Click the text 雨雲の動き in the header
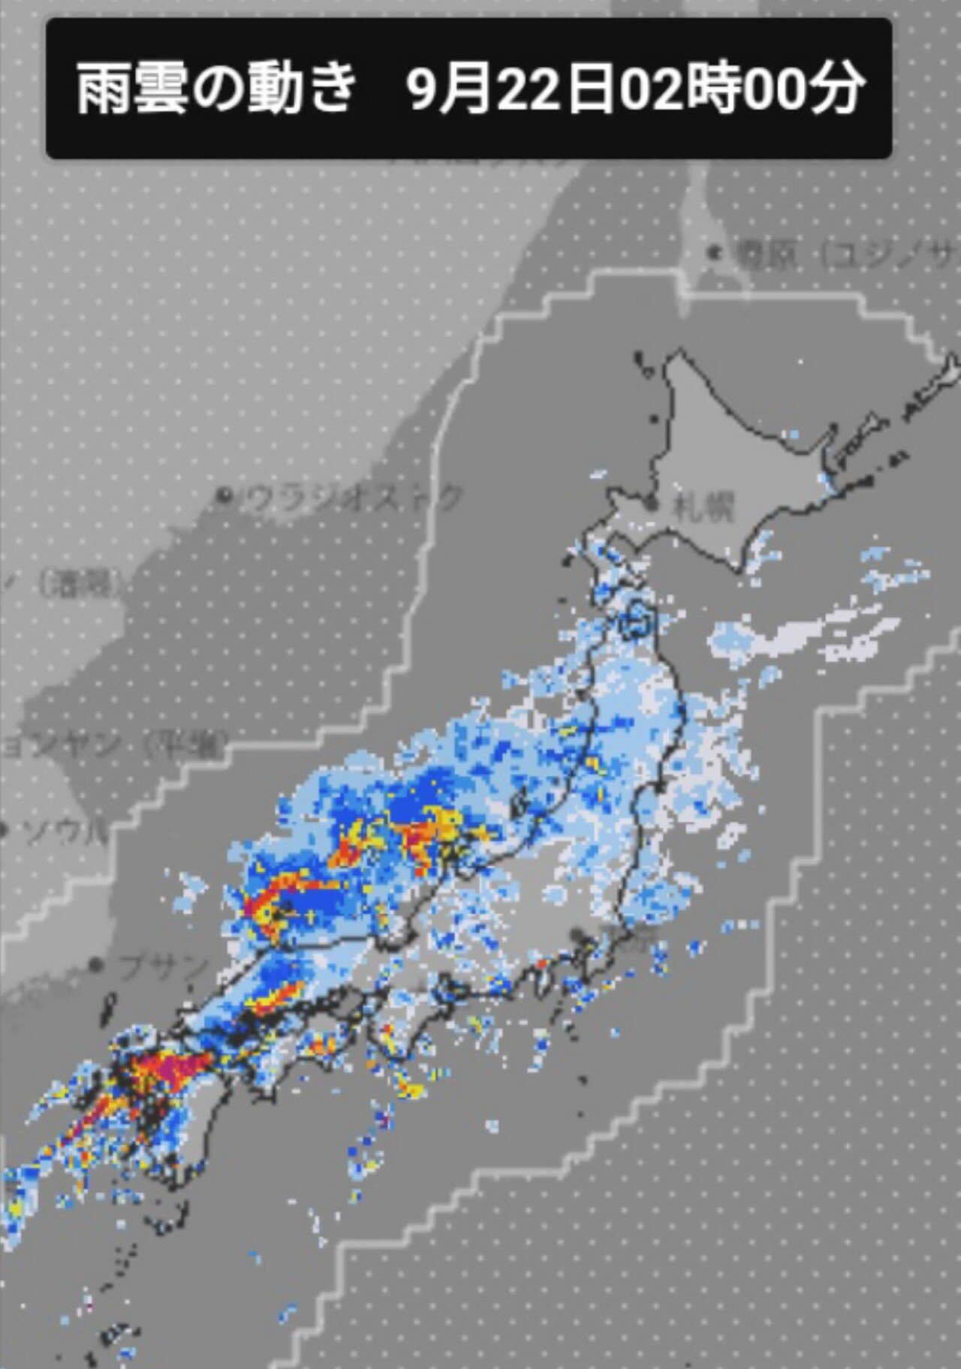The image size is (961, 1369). click(x=215, y=89)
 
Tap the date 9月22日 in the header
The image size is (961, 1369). click(x=511, y=89)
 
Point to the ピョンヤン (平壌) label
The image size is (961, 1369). click(x=113, y=744)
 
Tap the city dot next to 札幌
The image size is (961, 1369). click(x=655, y=504)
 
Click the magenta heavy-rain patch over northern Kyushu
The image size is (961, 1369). click(x=180, y=1066)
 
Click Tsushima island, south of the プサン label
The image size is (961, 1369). click(x=107, y=1009)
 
